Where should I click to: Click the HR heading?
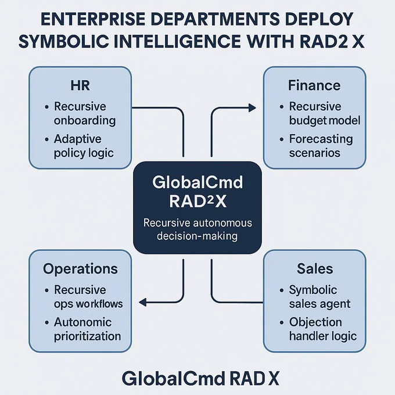80,85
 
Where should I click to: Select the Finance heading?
314,85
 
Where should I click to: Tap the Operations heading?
80,269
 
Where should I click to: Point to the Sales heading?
315,268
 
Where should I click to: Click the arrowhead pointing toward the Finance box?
252,108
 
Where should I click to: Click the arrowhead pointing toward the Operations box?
142,302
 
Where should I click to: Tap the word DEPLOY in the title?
318,19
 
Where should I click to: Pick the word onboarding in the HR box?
85,121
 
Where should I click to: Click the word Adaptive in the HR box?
78,139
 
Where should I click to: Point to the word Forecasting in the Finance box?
321,139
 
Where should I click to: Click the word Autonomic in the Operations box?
82,322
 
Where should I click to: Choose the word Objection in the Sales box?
315,322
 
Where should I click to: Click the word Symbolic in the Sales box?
313,290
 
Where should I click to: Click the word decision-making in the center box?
198,236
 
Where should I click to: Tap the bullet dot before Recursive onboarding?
46,107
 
